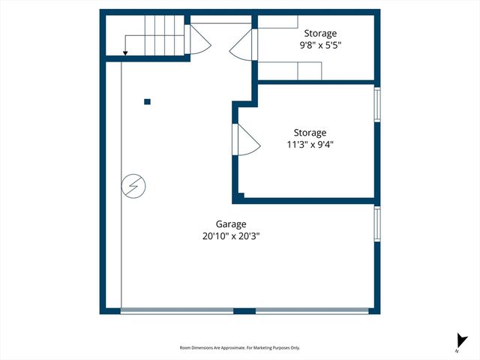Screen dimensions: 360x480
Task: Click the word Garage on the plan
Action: pyautogui.click(x=231, y=223)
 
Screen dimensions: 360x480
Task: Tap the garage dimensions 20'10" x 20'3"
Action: pyautogui.click(x=231, y=235)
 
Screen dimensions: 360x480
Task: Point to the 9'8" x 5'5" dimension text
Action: pyautogui.click(x=320, y=45)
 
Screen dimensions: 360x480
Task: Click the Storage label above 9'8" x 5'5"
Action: pyautogui.click(x=320, y=33)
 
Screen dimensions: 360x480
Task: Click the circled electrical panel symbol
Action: pyautogui.click(x=133, y=186)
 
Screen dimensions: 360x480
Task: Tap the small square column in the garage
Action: pyautogui.click(x=148, y=102)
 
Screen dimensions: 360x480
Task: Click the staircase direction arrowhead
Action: pyautogui.click(x=124, y=52)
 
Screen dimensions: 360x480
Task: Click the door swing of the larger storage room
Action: pyautogui.click(x=246, y=140)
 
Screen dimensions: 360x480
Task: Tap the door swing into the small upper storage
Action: pyautogui.click(x=244, y=46)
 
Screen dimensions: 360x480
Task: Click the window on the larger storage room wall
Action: pyautogui.click(x=377, y=106)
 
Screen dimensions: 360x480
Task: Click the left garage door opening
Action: pyautogui.click(x=177, y=310)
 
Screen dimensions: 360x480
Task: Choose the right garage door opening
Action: pyautogui.click(x=312, y=310)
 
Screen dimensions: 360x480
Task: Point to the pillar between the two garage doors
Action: pyautogui.click(x=244, y=310)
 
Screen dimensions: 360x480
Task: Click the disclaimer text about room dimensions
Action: pyautogui.click(x=240, y=348)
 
